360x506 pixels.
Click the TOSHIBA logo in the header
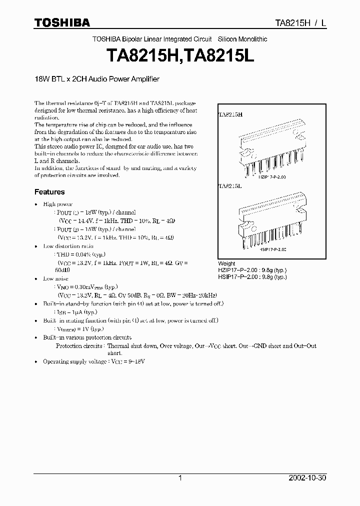point(62,22)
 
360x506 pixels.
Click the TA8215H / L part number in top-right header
point(301,23)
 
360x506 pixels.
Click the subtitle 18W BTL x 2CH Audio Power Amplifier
point(96,78)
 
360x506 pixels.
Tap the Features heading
point(49,192)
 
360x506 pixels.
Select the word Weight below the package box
point(226,263)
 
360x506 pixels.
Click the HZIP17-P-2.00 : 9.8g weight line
point(252,270)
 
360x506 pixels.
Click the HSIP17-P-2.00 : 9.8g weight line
point(252,276)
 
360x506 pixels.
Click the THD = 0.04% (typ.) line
point(80,254)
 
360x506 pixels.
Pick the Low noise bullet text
point(56,278)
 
